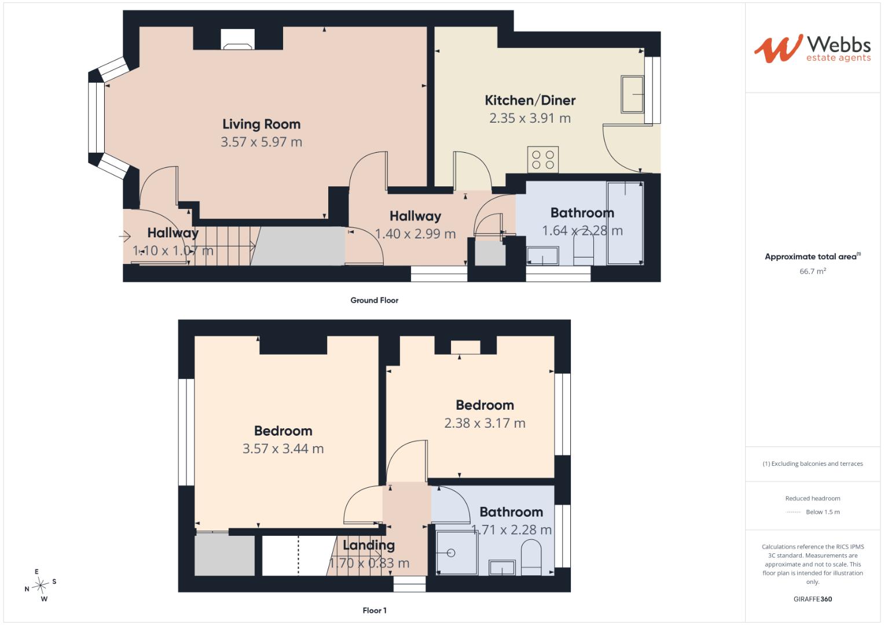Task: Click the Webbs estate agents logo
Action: tap(812, 49)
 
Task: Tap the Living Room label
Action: tap(261, 124)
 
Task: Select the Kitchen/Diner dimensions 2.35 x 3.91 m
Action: tap(530, 118)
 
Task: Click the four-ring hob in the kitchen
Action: tap(542, 159)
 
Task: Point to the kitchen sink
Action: tap(632, 94)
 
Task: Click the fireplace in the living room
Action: tap(237, 39)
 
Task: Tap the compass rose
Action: tap(41, 585)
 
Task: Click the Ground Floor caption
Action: tap(374, 300)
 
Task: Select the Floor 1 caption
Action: tap(375, 611)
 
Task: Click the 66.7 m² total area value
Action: tap(813, 271)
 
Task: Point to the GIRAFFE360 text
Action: tap(813, 599)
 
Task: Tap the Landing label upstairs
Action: tap(369, 545)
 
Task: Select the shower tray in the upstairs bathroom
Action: tap(457, 553)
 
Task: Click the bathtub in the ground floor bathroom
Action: tap(625, 223)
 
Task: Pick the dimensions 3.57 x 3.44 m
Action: tap(283, 448)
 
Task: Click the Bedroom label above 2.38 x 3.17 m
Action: tap(485, 405)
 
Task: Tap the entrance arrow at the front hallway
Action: tap(124, 236)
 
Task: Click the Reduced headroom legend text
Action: tap(813, 498)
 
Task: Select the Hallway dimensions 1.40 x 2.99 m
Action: tap(415, 234)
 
